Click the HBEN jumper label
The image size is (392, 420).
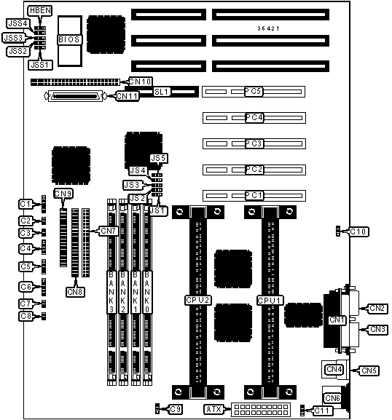tap(40, 11)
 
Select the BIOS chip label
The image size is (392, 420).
tap(69, 39)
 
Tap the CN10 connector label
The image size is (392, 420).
tap(141, 82)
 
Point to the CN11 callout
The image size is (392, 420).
tap(127, 96)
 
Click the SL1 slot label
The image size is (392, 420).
tap(162, 92)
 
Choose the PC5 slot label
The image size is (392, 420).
tap(254, 91)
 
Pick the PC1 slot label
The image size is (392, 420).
tap(254, 195)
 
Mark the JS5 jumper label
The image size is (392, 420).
tap(159, 158)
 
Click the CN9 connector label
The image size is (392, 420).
tap(63, 194)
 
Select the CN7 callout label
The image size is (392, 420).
tap(109, 231)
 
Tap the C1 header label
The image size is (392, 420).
tap(26, 204)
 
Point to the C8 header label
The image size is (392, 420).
tap(26, 316)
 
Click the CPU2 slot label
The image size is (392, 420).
tap(197, 301)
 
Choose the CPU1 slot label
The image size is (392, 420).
tap(270, 301)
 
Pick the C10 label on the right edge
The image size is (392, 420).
tap(358, 231)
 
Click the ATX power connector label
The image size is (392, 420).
tap(213, 409)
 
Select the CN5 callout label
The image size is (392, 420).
tap(369, 371)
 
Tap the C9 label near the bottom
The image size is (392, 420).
tap(176, 409)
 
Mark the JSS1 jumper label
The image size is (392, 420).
tap(40, 65)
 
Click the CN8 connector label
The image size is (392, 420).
tap(75, 292)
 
